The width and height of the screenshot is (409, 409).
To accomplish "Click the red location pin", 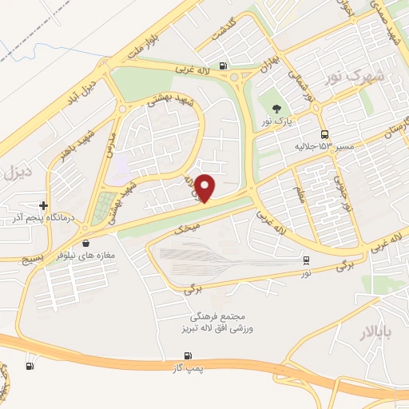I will click(x=206, y=188).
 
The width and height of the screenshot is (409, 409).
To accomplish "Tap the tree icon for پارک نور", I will click(x=277, y=109).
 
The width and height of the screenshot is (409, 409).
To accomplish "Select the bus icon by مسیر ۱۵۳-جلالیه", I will click(x=324, y=135).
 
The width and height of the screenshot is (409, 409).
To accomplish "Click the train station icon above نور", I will click(x=306, y=260).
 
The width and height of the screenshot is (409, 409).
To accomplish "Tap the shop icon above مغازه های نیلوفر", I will click(x=85, y=243).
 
